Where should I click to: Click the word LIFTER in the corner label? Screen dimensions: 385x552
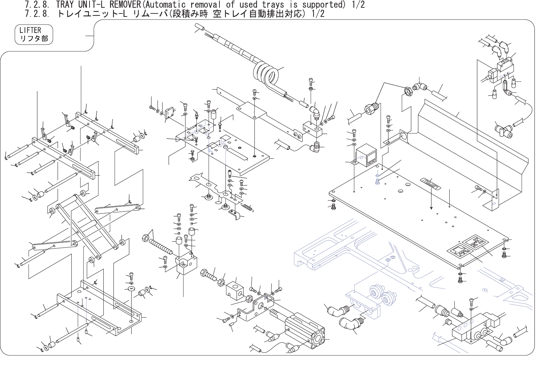click(30, 30)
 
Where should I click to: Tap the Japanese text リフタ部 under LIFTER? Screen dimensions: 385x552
click(34, 39)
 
